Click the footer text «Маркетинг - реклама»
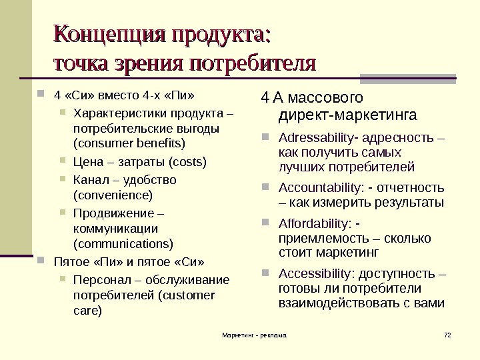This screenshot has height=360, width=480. (x=253, y=333)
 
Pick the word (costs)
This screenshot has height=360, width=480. (x=188, y=162)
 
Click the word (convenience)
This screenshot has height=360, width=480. (x=113, y=195)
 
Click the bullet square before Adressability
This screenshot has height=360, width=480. (x=265, y=140)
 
